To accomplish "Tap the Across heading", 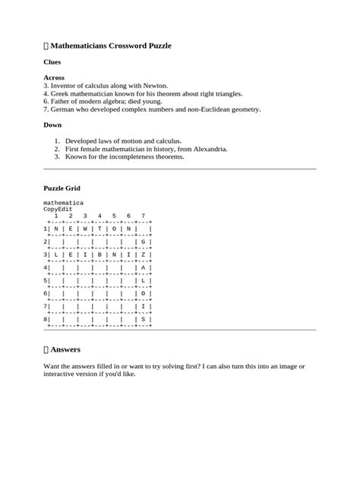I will point(54,77).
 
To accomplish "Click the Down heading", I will point(52,125).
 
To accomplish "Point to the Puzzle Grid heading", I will point(68,188).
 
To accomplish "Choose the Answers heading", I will point(65,349).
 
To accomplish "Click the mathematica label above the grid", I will point(63,204).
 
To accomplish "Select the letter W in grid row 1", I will point(84,229).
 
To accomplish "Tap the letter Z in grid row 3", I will point(142,254).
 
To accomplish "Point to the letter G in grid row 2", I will point(142,242).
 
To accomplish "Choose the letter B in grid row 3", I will point(99,254).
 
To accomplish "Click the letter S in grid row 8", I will point(142,320).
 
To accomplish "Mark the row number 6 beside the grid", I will point(46,293).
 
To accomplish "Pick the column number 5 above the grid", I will point(113,216).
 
